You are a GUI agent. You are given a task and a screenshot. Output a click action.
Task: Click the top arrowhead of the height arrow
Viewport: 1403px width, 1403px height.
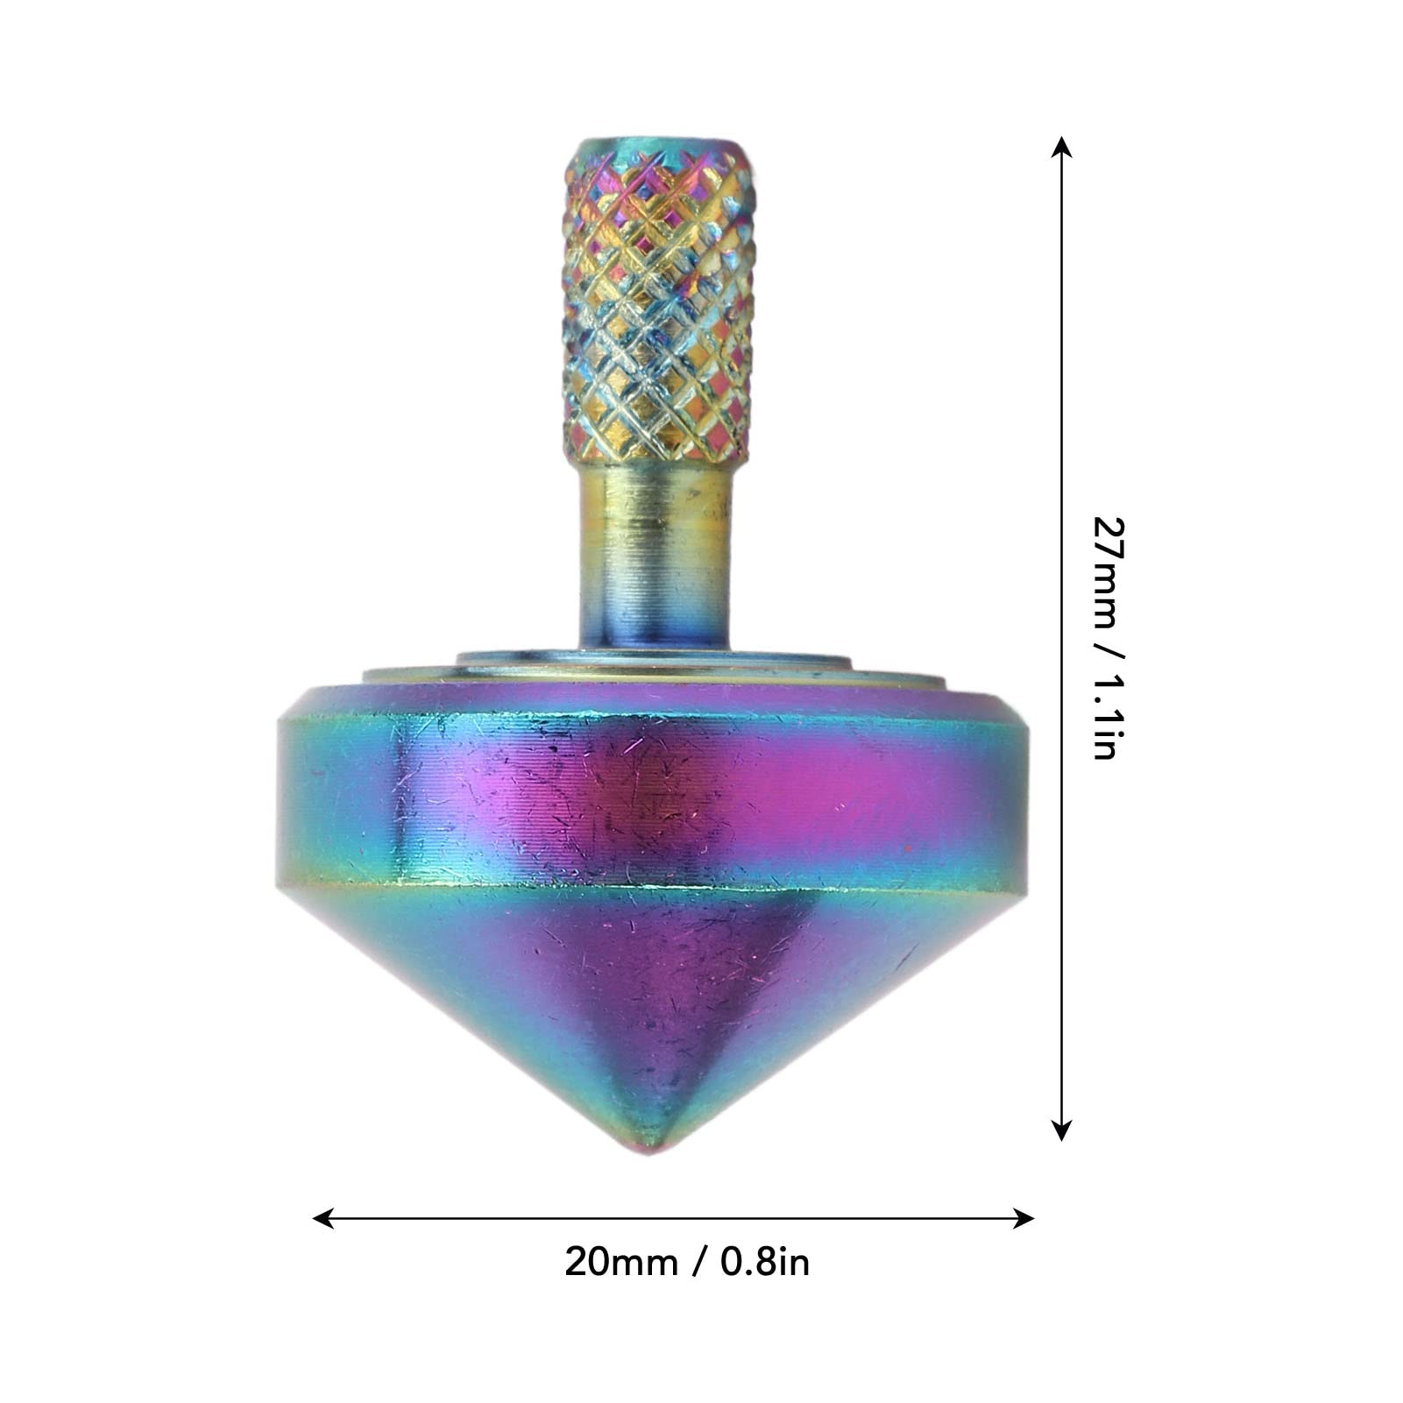pyautogui.click(x=1061, y=148)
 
